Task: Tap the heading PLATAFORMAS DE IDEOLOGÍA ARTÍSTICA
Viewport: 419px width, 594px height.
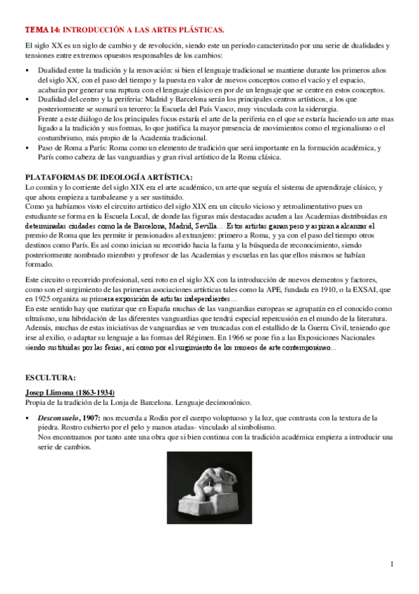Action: [108, 176]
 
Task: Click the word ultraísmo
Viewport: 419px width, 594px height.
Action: [41, 317]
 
